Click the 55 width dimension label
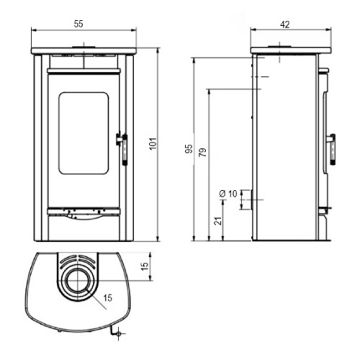[x=78, y=24]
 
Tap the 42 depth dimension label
[x=285, y=24]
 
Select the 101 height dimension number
[x=153, y=143]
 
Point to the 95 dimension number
[x=189, y=149]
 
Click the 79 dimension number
[x=203, y=152]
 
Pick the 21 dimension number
[x=218, y=221]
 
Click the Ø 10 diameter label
[x=228, y=194]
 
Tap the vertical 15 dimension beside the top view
[x=145, y=266]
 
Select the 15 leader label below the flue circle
[x=108, y=298]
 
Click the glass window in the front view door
[x=84, y=133]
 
